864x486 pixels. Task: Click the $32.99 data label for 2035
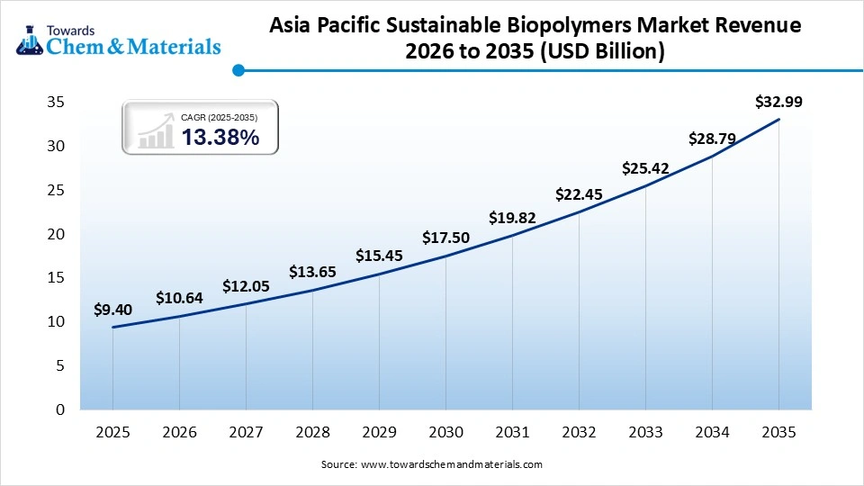pos(778,102)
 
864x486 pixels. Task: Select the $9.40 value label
pos(112,310)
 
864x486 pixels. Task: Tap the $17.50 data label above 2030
pos(445,238)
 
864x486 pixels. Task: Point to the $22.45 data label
pos(579,193)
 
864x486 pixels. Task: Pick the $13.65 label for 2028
pos(312,272)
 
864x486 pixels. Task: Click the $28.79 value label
pos(712,139)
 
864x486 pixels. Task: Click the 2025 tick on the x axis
pos(112,433)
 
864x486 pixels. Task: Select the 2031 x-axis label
pos(512,433)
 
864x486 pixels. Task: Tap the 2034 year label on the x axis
pos(712,433)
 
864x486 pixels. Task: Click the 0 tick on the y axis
pos(60,409)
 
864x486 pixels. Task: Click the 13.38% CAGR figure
pos(220,137)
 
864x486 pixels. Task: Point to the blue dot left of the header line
pos(238,69)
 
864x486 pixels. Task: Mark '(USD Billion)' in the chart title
pos(607,52)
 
